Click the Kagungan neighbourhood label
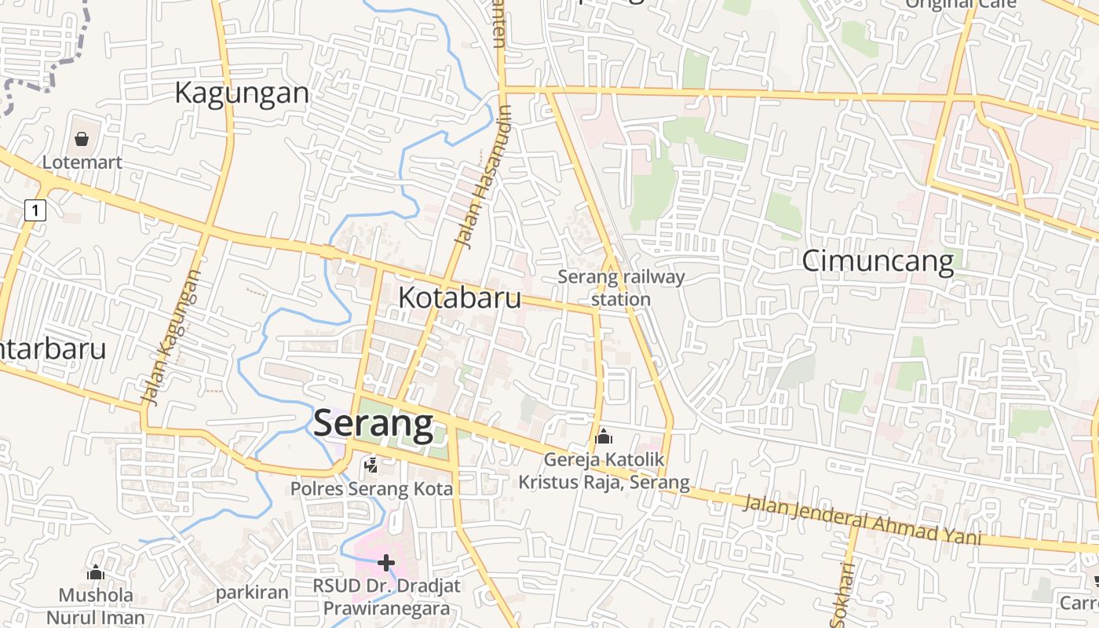pos(242,93)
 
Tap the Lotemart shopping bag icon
pos(82,140)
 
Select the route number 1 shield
pos(36,210)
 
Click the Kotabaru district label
pos(459,298)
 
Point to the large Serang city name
pos(373,424)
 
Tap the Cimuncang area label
pos(878,261)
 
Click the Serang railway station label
pos(621,287)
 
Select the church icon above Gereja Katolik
pos(604,436)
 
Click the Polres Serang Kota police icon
pos(371,466)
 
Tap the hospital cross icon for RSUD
pos(385,562)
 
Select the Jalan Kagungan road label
pos(173,338)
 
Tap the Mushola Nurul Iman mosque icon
pos(96,572)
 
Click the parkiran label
pos(253,592)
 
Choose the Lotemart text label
pos(82,162)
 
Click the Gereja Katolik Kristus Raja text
pos(604,471)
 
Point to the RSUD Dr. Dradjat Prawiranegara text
pos(386,597)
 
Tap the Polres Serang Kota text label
pos(371,488)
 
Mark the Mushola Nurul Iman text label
pos(96,606)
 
